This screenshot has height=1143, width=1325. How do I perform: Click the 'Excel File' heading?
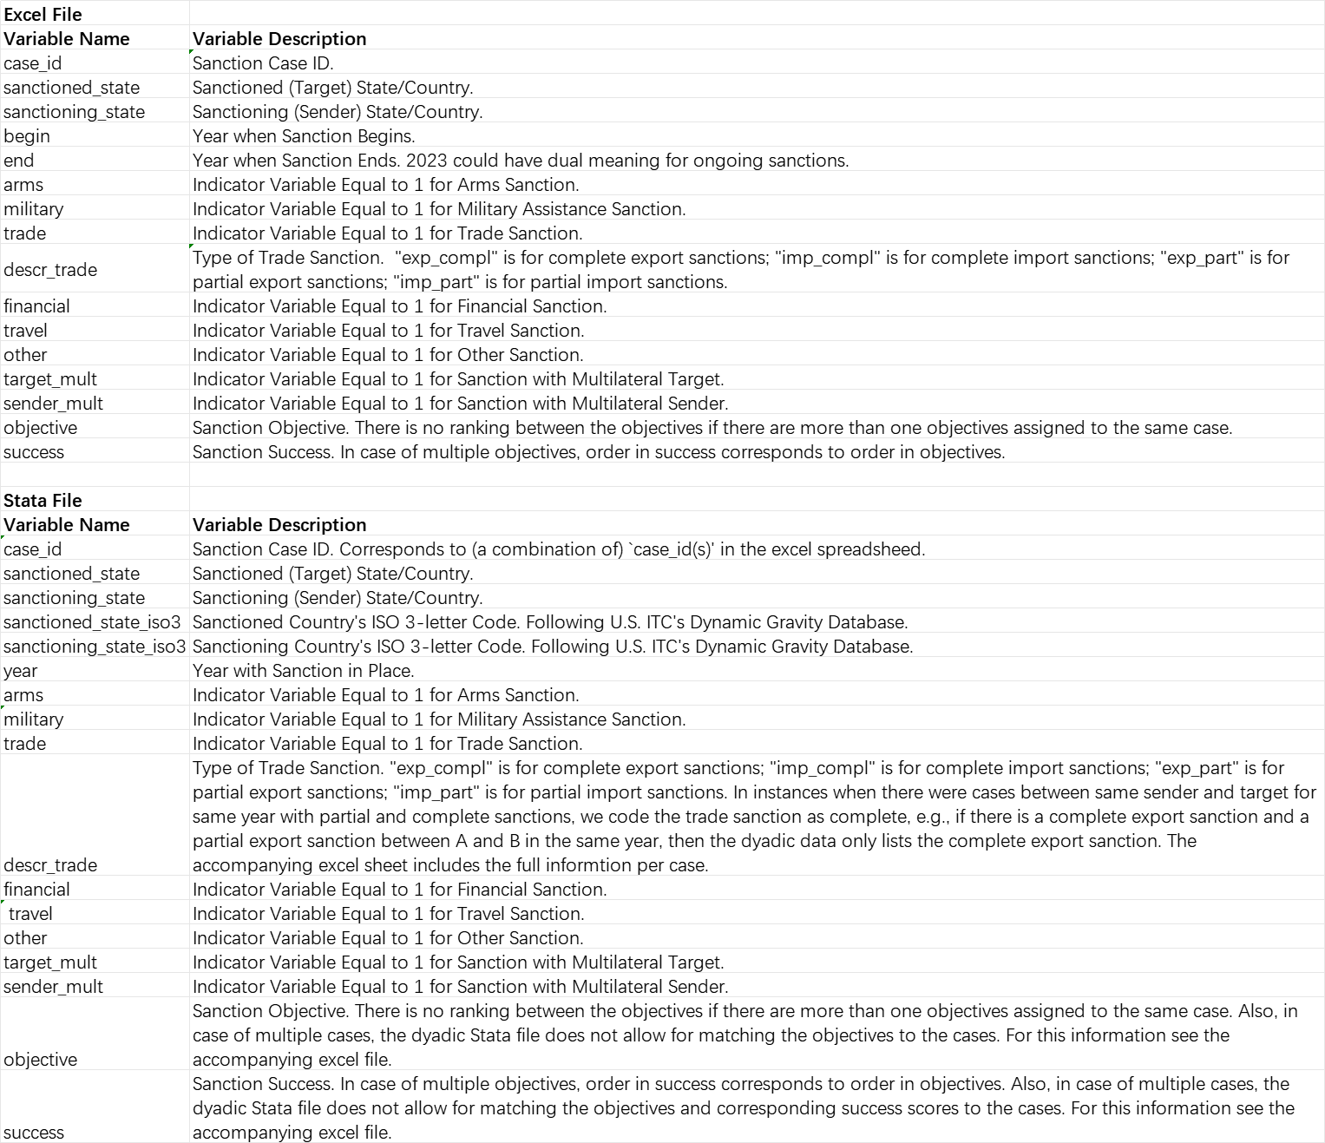(x=43, y=14)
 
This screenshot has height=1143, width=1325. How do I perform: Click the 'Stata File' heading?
(x=43, y=500)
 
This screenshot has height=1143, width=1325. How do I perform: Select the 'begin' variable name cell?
(x=27, y=135)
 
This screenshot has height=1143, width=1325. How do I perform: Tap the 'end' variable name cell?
(x=19, y=160)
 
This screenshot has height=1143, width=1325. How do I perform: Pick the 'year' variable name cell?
(x=21, y=670)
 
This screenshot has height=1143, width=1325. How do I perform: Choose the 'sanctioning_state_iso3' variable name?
(x=95, y=646)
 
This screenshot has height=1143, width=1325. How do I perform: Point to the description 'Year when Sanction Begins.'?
(x=304, y=135)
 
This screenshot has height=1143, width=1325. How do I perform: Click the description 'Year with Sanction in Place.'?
(x=303, y=670)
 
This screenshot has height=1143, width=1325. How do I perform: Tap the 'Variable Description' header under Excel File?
(x=279, y=38)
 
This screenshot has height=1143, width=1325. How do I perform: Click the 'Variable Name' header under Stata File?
(x=67, y=524)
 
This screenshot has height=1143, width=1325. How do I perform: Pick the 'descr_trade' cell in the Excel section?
(x=50, y=269)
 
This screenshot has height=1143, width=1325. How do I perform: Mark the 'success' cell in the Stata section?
(x=34, y=1132)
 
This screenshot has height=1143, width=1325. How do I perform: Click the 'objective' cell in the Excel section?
(x=40, y=427)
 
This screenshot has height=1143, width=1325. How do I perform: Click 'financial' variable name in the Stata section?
(x=36, y=889)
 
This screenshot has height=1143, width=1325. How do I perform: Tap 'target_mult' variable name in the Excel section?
(x=50, y=378)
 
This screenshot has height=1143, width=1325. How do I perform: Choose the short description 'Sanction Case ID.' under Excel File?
(x=263, y=62)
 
